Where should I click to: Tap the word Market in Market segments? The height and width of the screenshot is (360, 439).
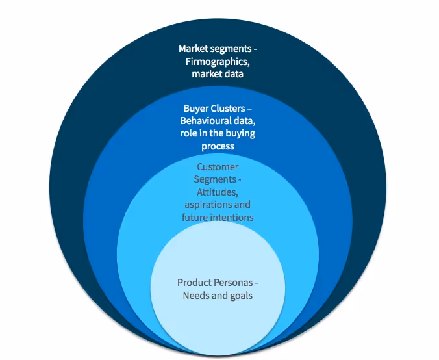pyautogui.click(x=194, y=49)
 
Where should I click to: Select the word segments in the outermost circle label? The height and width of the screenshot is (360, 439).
pyautogui.click(x=230, y=49)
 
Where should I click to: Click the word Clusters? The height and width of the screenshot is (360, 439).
pyautogui.click(x=232, y=108)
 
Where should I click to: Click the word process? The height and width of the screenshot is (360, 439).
pyautogui.click(x=218, y=147)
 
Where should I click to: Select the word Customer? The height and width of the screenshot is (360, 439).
pyautogui.click(x=218, y=167)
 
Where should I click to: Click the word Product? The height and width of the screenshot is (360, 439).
pyautogui.click(x=195, y=283)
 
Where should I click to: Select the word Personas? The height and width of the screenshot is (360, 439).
pyautogui.click(x=237, y=283)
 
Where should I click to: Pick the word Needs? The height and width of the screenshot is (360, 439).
pyautogui.click(x=197, y=296)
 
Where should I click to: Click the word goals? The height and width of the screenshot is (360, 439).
pyautogui.click(x=240, y=296)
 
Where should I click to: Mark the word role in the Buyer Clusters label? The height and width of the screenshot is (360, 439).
pyautogui.click(x=189, y=134)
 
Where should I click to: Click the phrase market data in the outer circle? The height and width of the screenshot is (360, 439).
pyautogui.click(x=218, y=74)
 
